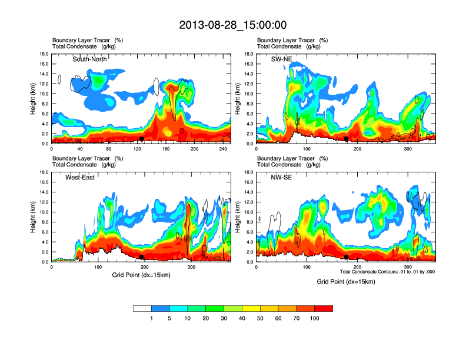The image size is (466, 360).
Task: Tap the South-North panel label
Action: click(x=89, y=59)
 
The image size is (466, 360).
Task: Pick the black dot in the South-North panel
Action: click(x=142, y=139)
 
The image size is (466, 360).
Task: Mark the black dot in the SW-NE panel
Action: click(x=347, y=139)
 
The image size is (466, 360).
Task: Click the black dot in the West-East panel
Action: click(x=142, y=257)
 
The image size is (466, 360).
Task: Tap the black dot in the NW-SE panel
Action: click(x=347, y=257)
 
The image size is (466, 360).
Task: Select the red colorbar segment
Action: click(x=324, y=308)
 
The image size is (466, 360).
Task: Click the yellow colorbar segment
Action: click(x=251, y=308)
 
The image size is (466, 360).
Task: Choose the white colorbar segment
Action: click(x=142, y=308)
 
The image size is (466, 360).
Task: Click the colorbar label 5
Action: click(x=170, y=318)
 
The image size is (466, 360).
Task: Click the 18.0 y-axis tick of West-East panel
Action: click(x=44, y=172)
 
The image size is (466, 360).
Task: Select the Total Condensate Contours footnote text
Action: click(x=387, y=271)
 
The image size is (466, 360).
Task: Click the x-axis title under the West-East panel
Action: click(x=141, y=275)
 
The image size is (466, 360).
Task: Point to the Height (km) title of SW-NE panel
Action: click(x=238, y=99)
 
